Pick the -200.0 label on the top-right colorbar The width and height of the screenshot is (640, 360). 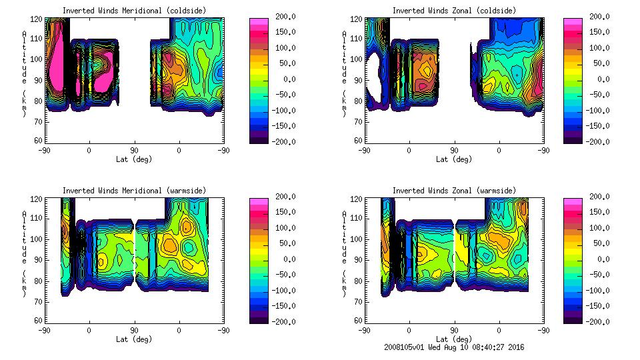595,141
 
